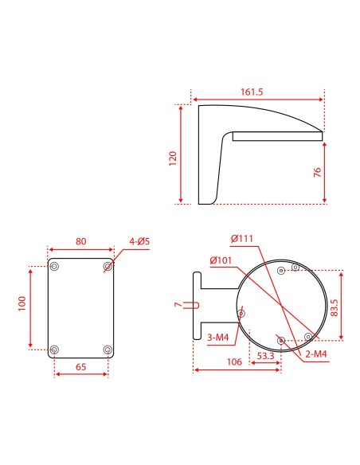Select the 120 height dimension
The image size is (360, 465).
coord(173,157)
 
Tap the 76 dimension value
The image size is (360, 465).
coord(316,173)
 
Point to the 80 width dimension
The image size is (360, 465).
coord(80,241)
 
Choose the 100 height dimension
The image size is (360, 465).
coord(22,303)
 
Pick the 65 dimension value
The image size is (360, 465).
coord(80,367)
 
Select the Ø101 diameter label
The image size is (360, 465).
coord(221,260)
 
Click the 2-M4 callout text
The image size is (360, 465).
coord(315,354)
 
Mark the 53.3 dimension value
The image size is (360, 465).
coord(265,357)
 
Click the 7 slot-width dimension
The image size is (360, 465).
coord(178,304)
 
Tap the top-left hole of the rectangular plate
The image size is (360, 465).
coord(54,265)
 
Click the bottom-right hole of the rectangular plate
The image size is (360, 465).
coord(108,349)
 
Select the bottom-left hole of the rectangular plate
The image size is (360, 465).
coord(54,349)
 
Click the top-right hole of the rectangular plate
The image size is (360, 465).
coord(108,265)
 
